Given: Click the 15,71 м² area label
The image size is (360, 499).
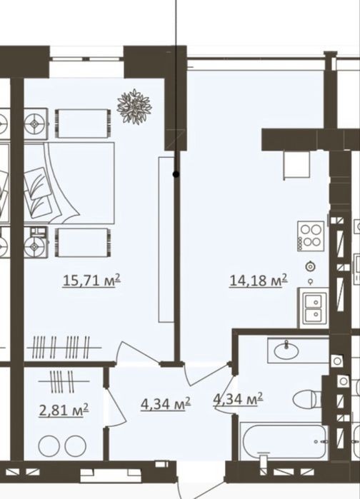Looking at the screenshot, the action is point(92,281).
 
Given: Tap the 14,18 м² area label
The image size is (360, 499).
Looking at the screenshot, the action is point(259,281).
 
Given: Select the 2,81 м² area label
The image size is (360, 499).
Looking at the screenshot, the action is point(64,410).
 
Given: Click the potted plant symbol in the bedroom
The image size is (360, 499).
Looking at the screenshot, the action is point(134,106).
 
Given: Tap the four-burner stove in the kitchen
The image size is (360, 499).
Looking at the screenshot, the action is point(311,236).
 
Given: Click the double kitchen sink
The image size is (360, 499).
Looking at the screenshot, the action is point(313,308).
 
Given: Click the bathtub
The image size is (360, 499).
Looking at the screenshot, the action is point(284,441).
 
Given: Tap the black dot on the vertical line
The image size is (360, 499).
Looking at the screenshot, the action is point(176,174).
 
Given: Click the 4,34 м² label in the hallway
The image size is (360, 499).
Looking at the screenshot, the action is point(166,404).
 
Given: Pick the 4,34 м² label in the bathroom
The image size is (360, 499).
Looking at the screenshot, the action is point(238,399).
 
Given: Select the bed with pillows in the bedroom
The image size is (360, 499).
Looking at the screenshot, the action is point(69,183).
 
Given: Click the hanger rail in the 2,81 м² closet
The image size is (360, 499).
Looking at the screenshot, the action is point(64,381).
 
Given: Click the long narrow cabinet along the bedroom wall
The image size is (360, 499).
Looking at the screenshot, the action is point(166,239).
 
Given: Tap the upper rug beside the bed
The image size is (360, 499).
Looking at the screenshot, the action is point(83,124).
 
